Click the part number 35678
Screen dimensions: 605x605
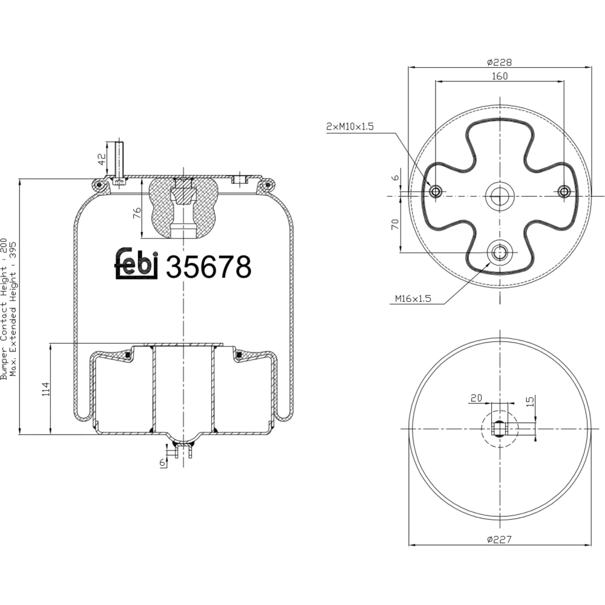point(208,267)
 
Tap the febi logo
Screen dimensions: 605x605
point(137,263)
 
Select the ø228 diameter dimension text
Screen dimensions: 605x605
point(499,62)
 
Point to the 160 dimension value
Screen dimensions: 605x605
point(500,76)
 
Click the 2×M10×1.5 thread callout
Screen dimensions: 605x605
point(350,126)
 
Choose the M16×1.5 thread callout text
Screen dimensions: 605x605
point(413,298)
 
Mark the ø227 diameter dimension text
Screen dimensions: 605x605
point(499,539)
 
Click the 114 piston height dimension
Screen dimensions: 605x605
point(46,389)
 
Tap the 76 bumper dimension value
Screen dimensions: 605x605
point(137,214)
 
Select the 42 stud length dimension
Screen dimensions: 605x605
point(102,159)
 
